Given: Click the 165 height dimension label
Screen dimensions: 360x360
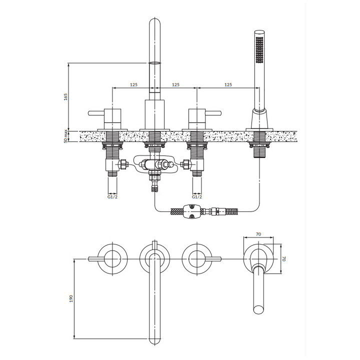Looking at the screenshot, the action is coord(66,97).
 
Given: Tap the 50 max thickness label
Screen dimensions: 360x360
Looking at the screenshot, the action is coord(66,136).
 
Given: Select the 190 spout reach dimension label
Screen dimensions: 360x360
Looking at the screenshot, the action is coord(71,298).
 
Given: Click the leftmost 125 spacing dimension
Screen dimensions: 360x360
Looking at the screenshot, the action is coord(133,84).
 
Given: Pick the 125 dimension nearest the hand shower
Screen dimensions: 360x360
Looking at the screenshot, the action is coord(228,84).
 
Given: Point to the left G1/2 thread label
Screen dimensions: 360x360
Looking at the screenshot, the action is coord(112,197).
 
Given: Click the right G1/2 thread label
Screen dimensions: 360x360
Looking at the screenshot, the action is coord(197,197).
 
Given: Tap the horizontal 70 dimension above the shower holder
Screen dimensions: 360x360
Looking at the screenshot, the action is coord(258,234).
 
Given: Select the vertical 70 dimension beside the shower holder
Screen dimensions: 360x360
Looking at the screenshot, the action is coord(284,259).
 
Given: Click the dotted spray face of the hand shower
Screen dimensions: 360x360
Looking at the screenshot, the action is coord(259,49).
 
